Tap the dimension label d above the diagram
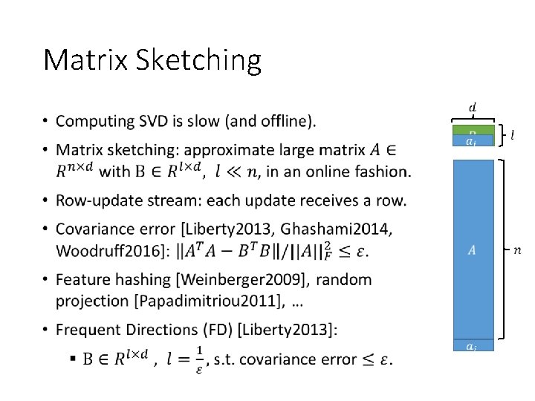click(x=473, y=108)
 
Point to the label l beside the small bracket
click(x=513, y=134)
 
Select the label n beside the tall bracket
click(x=517, y=250)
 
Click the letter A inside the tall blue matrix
click(x=473, y=250)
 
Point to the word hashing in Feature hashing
click(x=147, y=280)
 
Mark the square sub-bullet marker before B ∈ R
click(x=73, y=359)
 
